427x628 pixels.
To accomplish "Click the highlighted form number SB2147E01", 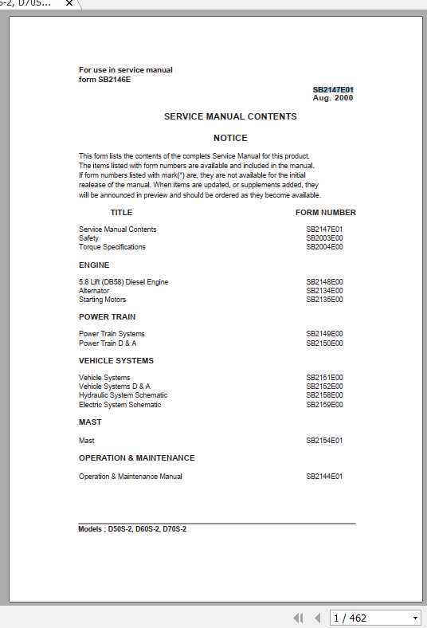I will click(x=333, y=90).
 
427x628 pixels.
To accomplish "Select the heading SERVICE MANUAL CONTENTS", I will click(x=230, y=116).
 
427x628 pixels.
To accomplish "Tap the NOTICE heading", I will click(x=230, y=138).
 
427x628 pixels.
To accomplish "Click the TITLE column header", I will click(x=121, y=213).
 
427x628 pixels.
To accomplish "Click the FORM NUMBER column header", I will click(x=326, y=213).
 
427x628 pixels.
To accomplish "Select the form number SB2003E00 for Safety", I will click(x=324, y=238).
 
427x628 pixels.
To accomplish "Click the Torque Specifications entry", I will click(x=112, y=247).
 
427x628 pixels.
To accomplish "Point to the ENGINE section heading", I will click(x=94, y=265).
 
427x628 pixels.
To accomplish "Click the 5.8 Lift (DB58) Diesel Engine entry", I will click(x=123, y=282).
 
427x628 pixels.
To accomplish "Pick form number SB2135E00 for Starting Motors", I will click(x=324, y=300).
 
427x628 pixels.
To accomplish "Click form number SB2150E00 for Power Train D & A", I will click(x=324, y=343).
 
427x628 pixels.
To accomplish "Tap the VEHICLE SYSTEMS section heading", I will click(x=116, y=360).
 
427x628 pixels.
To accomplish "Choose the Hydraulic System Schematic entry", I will click(x=123, y=395).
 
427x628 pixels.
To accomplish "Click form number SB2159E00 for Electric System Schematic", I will click(x=324, y=405).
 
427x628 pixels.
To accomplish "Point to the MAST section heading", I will click(x=90, y=422).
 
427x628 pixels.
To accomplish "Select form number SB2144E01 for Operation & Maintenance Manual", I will click(x=324, y=477).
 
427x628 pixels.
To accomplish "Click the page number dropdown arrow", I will click(x=415, y=618).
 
